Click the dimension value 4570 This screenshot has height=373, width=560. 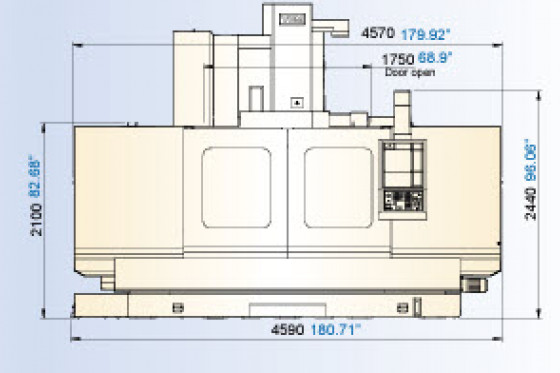pos(374,31)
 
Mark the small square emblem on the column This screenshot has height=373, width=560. pos(296,102)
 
